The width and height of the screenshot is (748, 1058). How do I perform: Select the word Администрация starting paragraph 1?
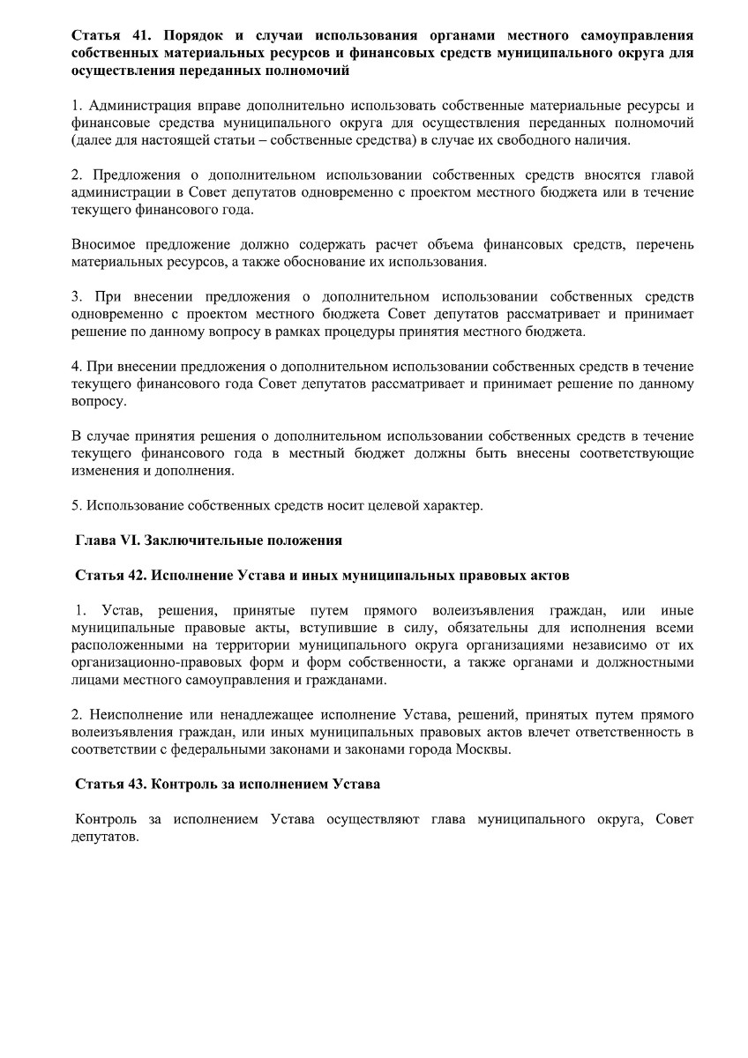pyautogui.click(x=138, y=107)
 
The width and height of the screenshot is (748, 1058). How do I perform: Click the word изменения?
pyautogui.click(x=102, y=470)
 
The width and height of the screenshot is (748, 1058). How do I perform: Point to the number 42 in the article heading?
pyautogui.click(x=136, y=575)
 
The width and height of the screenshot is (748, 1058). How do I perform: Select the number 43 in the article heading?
pyautogui.click(x=136, y=784)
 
